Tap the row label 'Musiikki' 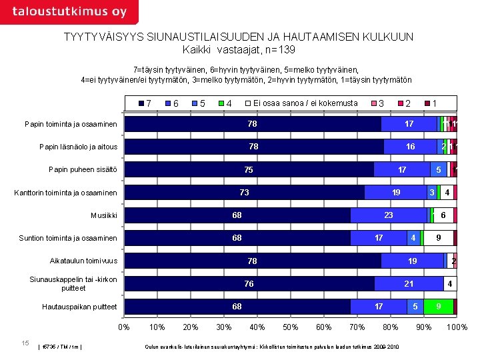[104, 215]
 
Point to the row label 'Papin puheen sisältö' [83, 170]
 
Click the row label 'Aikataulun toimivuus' [83, 261]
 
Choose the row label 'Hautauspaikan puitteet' [79, 307]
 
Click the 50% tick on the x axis [290, 327]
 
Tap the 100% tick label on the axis [457, 327]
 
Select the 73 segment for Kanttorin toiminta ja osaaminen [245, 193]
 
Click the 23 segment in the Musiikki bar [389, 215]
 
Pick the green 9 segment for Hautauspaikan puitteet [438, 307]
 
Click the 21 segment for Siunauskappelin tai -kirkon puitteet [409, 284]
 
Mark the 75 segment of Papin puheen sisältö [249, 170]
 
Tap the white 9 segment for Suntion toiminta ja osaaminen [438, 238]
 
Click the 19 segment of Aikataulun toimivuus [413, 261]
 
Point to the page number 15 [25, 343]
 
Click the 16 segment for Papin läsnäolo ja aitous [411, 147]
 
